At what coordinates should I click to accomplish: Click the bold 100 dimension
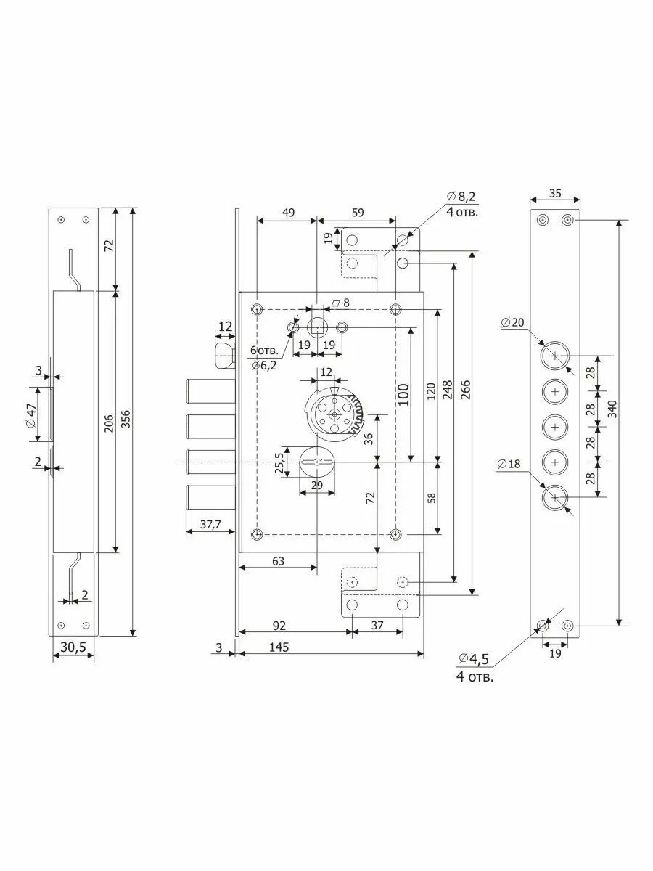pos(404,394)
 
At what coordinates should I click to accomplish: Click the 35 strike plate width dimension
pos(554,194)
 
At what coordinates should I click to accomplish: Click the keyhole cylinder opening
pos(316,461)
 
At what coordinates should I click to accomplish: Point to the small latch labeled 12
pos(223,355)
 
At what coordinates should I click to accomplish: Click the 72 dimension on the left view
pos(109,245)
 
